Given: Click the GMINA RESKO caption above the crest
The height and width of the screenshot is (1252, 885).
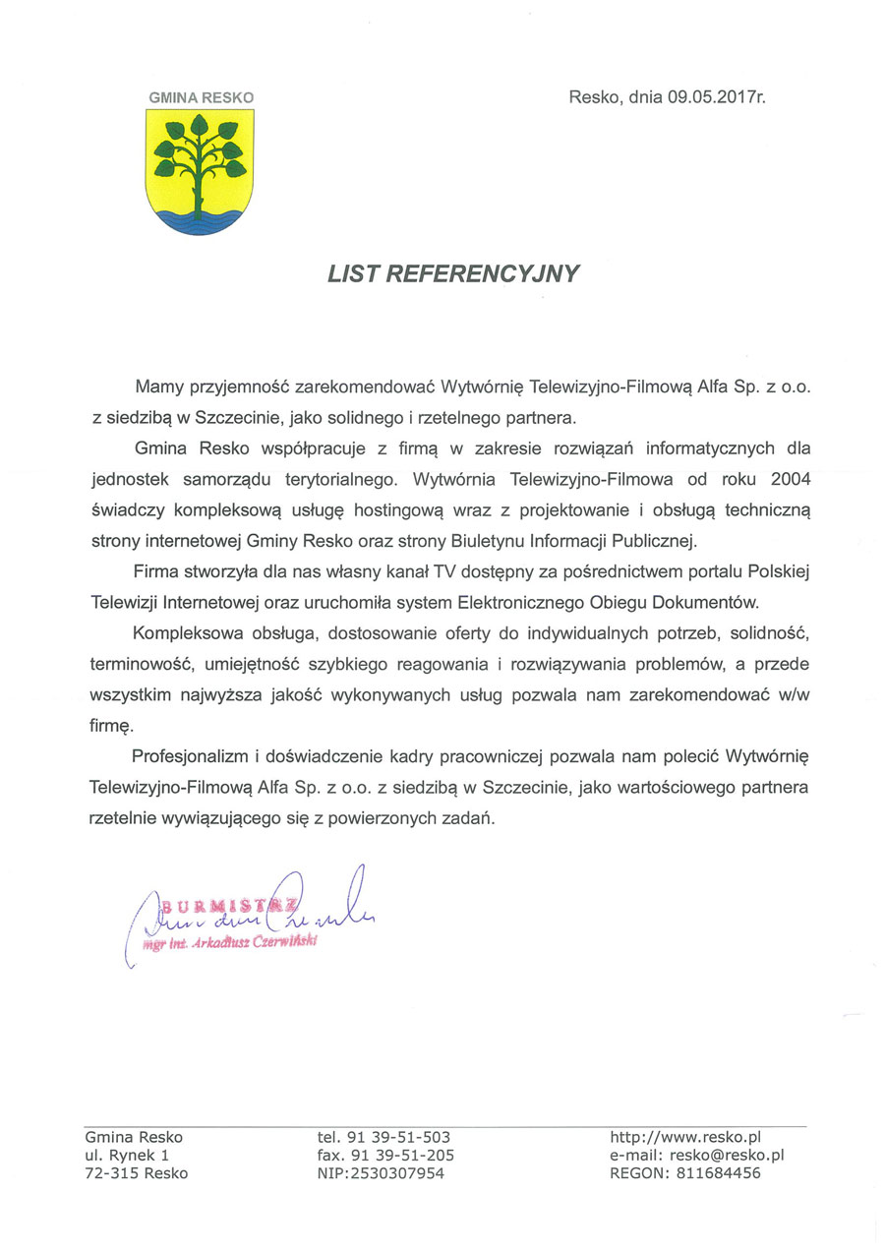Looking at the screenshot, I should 201,97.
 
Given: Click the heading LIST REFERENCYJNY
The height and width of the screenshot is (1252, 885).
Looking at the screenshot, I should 454,273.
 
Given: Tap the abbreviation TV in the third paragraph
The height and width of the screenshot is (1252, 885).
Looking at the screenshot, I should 447,570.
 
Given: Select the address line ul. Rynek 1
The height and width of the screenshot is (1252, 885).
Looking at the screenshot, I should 127,1155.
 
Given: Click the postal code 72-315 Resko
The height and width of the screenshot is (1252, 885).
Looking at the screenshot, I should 136,1172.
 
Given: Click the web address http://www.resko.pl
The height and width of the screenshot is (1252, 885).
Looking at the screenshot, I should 686,1137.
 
